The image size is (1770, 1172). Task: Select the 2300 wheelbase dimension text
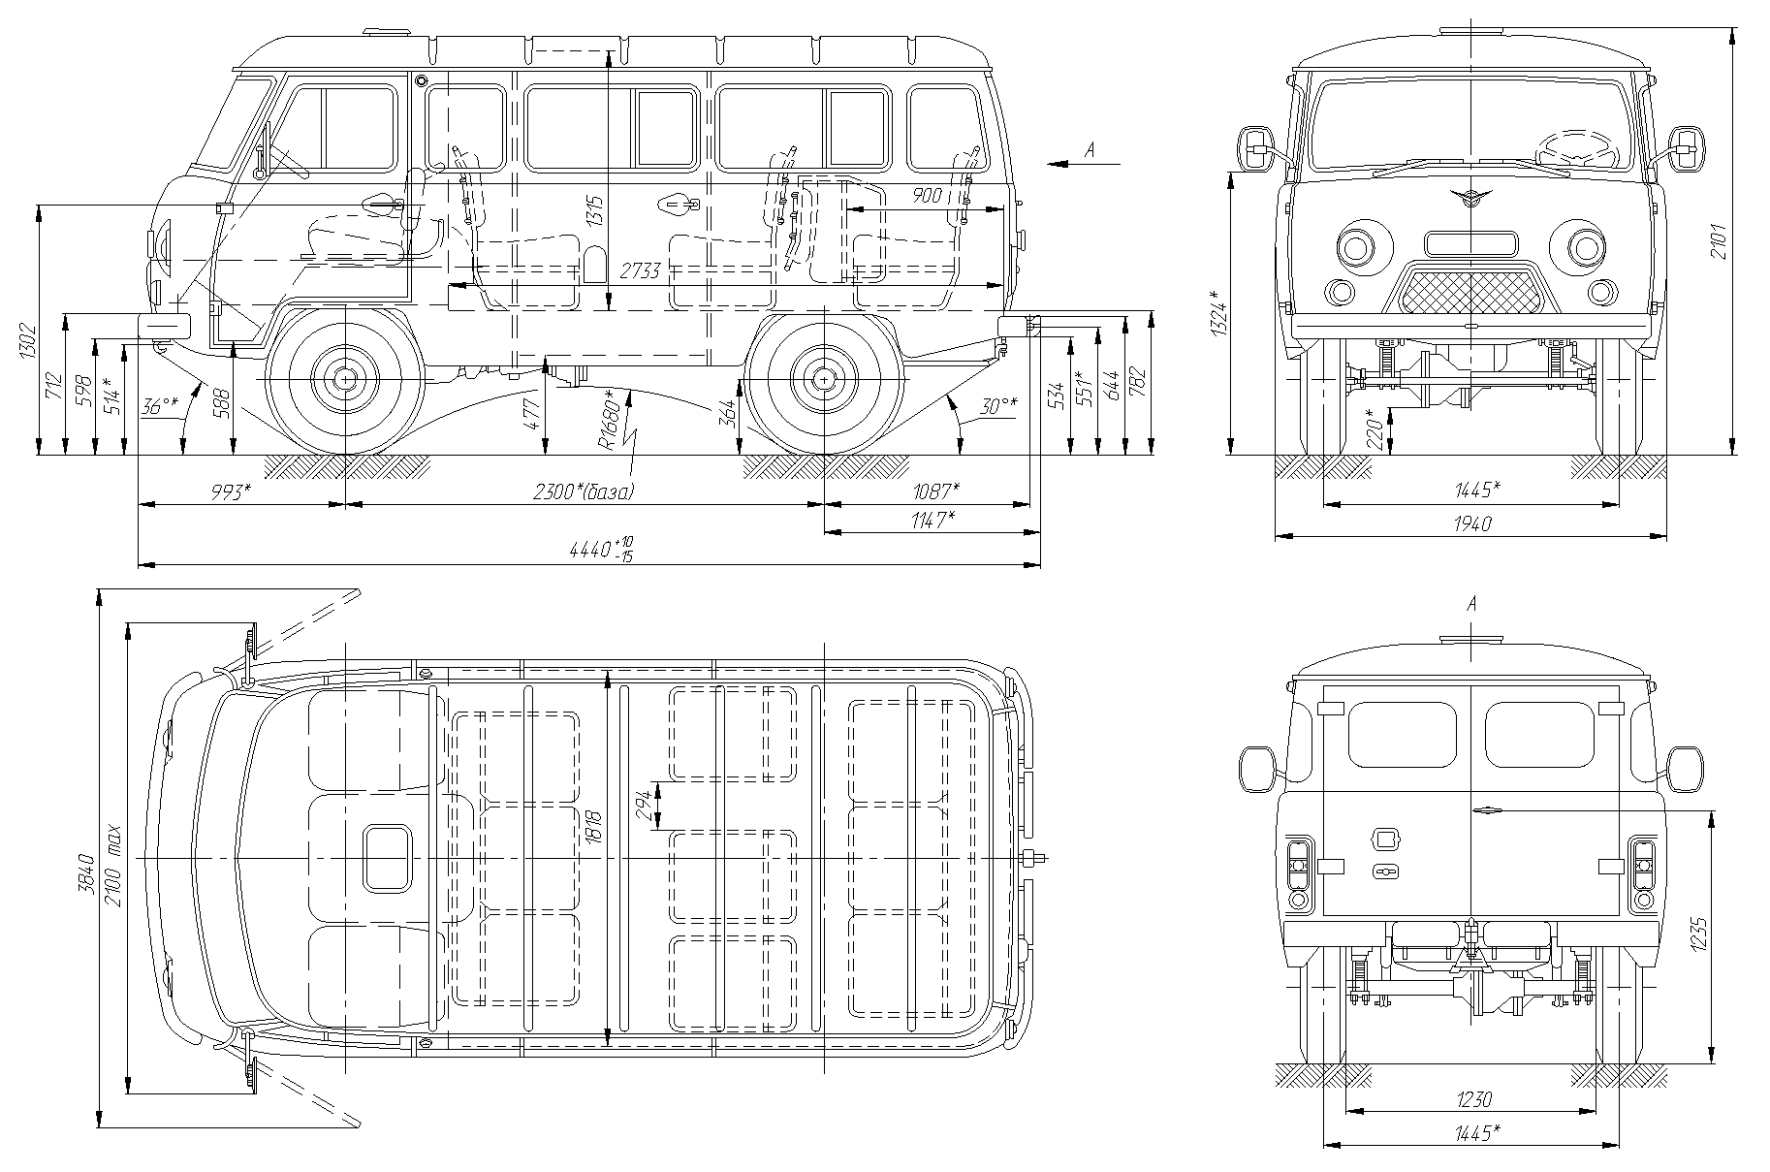click(x=584, y=491)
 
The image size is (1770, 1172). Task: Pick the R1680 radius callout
click(x=608, y=419)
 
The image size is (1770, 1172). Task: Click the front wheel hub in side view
click(x=345, y=379)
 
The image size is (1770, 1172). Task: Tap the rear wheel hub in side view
click(x=823, y=379)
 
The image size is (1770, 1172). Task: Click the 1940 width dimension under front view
click(x=1471, y=523)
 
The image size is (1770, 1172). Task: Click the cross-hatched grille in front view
click(x=1471, y=292)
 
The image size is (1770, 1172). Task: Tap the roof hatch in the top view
click(x=386, y=858)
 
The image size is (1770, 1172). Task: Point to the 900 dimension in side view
click(x=927, y=196)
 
